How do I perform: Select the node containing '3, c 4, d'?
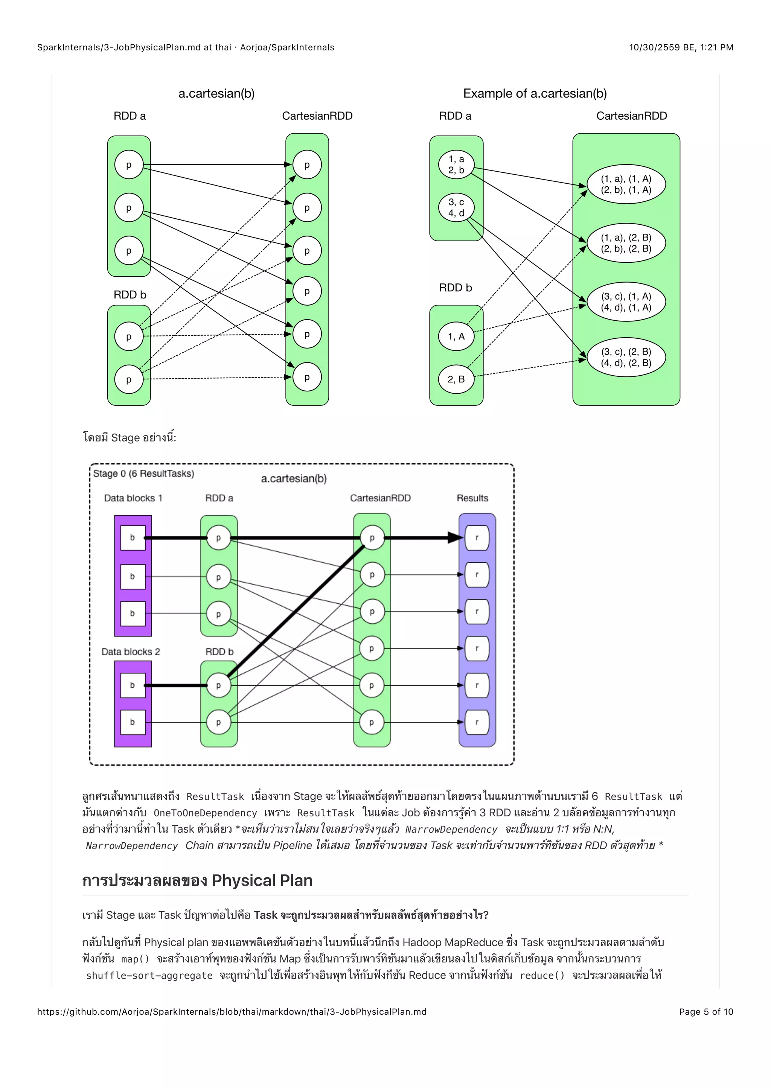coord(456,207)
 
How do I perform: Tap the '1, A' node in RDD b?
coord(456,336)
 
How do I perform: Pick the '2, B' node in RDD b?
coord(456,379)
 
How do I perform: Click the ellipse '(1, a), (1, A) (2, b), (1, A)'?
coord(626,184)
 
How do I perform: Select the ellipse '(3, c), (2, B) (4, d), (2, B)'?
coord(626,357)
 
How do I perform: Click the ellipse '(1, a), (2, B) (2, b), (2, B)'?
coord(626,243)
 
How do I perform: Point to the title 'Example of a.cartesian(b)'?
coord(535,93)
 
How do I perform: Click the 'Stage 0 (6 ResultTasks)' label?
coord(143,473)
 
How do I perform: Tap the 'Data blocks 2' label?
coord(131,652)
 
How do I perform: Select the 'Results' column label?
coord(472,498)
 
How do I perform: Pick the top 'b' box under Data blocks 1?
coord(133,538)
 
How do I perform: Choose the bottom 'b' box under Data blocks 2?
coord(133,722)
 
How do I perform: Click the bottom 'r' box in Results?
coord(477,722)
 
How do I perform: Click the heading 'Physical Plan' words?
coord(262,881)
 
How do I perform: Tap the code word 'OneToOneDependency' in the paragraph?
coord(205,813)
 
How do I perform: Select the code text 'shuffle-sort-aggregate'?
coord(149,975)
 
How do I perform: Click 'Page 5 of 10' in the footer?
coord(705,1012)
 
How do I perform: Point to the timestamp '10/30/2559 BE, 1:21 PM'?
coord(681,47)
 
